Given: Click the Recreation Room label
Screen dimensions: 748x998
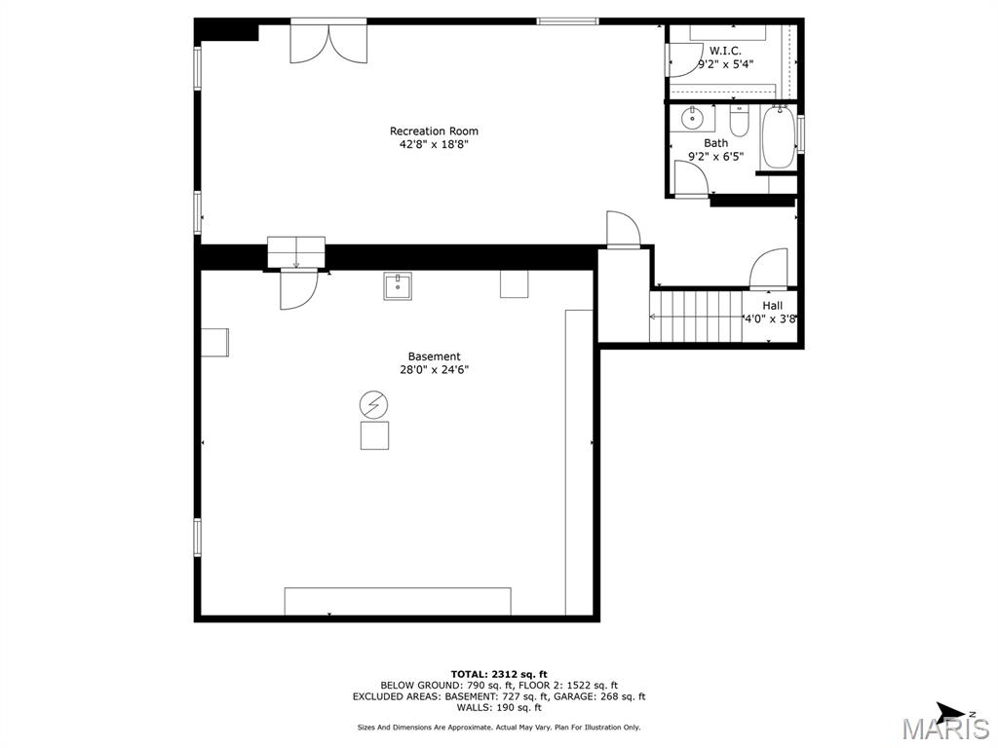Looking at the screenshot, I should (434, 131).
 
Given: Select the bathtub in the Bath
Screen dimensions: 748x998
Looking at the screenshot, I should (778, 137).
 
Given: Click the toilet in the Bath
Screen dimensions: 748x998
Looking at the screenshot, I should (739, 123).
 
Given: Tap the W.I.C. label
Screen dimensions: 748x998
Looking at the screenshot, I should (725, 51).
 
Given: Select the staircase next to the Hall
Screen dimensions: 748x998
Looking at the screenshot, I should (696, 316).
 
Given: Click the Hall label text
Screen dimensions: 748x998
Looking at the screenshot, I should (772, 306).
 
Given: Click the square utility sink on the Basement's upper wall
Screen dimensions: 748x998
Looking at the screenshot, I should (398, 286).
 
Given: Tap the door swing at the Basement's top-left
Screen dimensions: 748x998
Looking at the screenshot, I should (297, 290).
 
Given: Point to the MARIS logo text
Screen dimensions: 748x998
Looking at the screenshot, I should (945, 729).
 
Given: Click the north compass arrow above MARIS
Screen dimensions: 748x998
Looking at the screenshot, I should (951, 711).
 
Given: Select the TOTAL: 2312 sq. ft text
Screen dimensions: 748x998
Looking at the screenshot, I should (499, 674).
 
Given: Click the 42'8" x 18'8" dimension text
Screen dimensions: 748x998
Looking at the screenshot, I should (434, 144).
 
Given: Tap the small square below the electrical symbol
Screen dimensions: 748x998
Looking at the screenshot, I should (374, 434).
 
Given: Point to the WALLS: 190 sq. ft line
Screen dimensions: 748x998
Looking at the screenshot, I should (499, 707).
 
